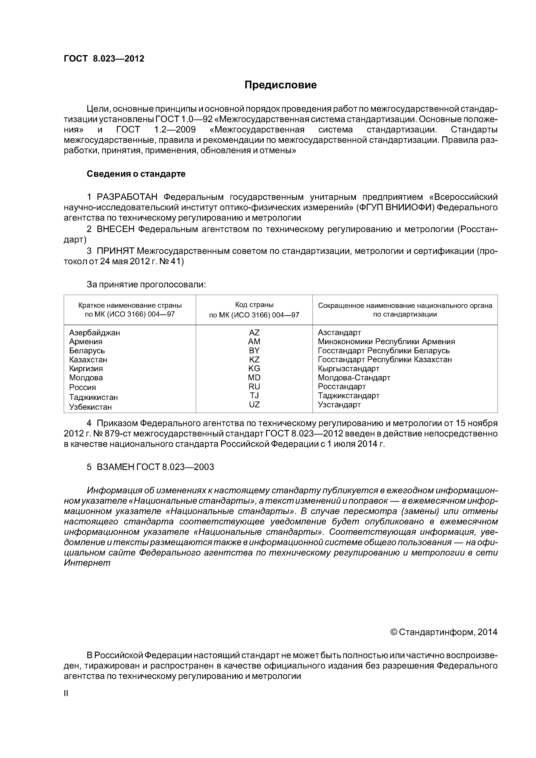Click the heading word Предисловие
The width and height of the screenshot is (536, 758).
coord(280,85)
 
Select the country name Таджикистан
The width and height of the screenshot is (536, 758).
coord(93,397)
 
